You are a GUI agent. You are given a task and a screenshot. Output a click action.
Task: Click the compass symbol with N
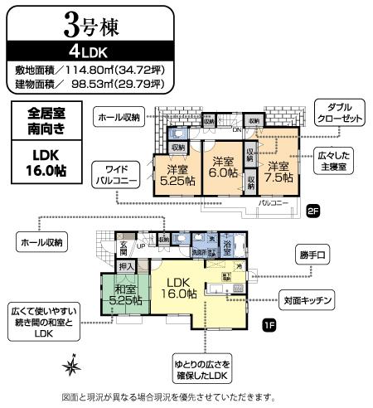72,364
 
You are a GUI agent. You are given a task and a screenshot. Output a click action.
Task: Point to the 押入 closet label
125,267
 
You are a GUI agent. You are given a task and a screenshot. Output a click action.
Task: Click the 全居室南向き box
45,122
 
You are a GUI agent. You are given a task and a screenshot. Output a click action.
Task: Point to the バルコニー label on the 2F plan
273,202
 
